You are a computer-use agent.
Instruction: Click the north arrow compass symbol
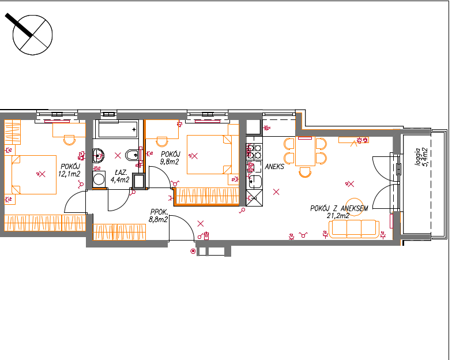click(x=32, y=35)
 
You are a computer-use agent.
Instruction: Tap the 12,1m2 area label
click(x=69, y=174)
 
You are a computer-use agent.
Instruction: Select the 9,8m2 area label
click(x=169, y=162)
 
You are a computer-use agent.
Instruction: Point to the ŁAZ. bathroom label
click(x=121, y=172)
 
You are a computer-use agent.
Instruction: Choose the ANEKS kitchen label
click(x=274, y=166)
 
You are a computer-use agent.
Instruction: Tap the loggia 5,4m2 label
click(x=421, y=157)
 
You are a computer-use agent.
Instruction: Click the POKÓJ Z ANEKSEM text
click(x=339, y=208)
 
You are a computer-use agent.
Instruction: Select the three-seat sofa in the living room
click(x=354, y=229)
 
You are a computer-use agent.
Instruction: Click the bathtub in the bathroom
click(x=118, y=129)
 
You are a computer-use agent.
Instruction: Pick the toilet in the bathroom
click(x=132, y=155)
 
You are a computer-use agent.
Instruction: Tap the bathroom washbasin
click(x=98, y=156)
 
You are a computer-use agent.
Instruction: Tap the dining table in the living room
click(x=306, y=151)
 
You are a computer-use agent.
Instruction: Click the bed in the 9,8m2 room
click(x=209, y=155)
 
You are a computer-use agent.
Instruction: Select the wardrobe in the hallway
click(x=119, y=232)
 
